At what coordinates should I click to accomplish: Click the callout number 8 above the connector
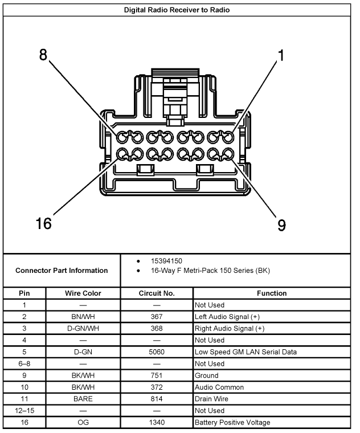click(x=43, y=56)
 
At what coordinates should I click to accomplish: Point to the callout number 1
click(x=281, y=56)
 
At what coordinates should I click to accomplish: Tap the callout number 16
click(x=43, y=223)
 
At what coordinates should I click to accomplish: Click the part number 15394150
click(x=166, y=261)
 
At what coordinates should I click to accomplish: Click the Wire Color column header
click(x=83, y=293)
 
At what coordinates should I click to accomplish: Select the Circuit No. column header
click(x=157, y=293)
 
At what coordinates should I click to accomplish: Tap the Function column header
click(x=272, y=293)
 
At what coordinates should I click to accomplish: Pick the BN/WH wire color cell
click(x=83, y=317)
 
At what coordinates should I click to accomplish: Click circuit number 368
click(x=157, y=329)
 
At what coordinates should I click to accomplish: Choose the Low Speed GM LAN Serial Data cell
click(x=246, y=352)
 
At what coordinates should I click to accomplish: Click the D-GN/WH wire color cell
click(x=83, y=329)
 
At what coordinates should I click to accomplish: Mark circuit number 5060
click(x=157, y=352)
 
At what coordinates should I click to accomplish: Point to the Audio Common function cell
click(x=219, y=387)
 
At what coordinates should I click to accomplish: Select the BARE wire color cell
click(x=83, y=399)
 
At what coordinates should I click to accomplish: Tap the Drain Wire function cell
click(x=212, y=399)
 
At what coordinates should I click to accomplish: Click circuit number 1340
click(x=157, y=423)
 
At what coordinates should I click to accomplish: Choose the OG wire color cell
click(x=83, y=423)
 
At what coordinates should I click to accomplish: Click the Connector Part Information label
click(x=62, y=271)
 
